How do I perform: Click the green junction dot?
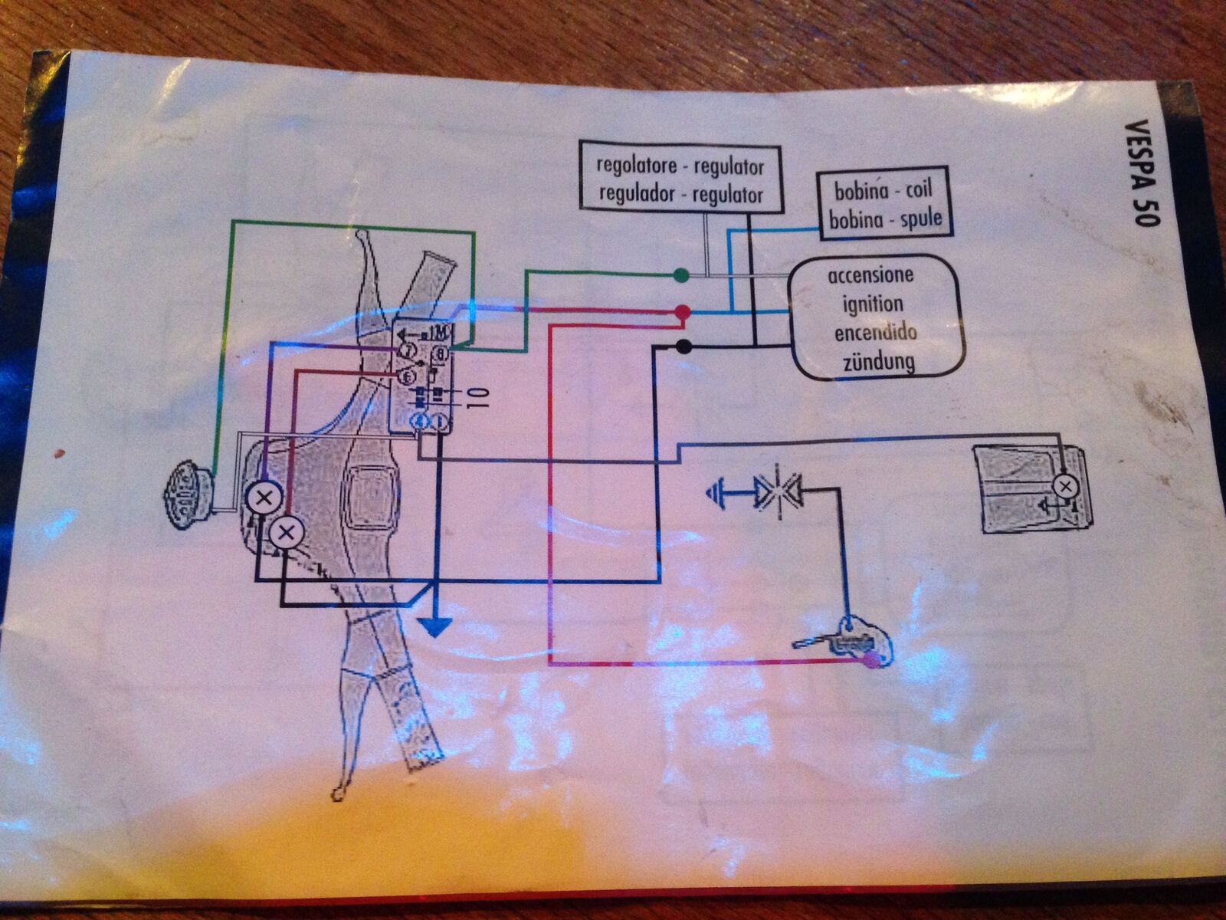click(680, 275)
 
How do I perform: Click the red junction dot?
click(682, 312)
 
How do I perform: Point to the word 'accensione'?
click(871, 275)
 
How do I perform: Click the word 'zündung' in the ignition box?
click(879, 361)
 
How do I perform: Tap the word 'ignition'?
click(873, 304)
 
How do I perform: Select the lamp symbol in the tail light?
click(1064, 485)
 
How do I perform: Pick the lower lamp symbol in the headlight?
click(285, 531)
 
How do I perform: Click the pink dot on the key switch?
click(871, 661)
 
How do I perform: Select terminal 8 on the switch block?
click(441, 353)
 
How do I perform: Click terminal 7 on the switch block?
click(409, 351)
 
